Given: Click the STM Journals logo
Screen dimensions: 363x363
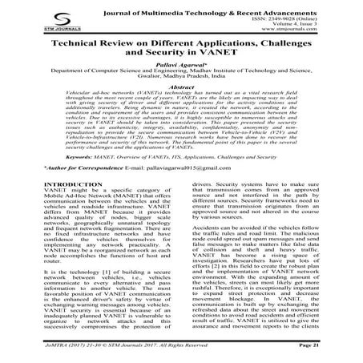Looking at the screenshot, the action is click(x=30, y=21).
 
